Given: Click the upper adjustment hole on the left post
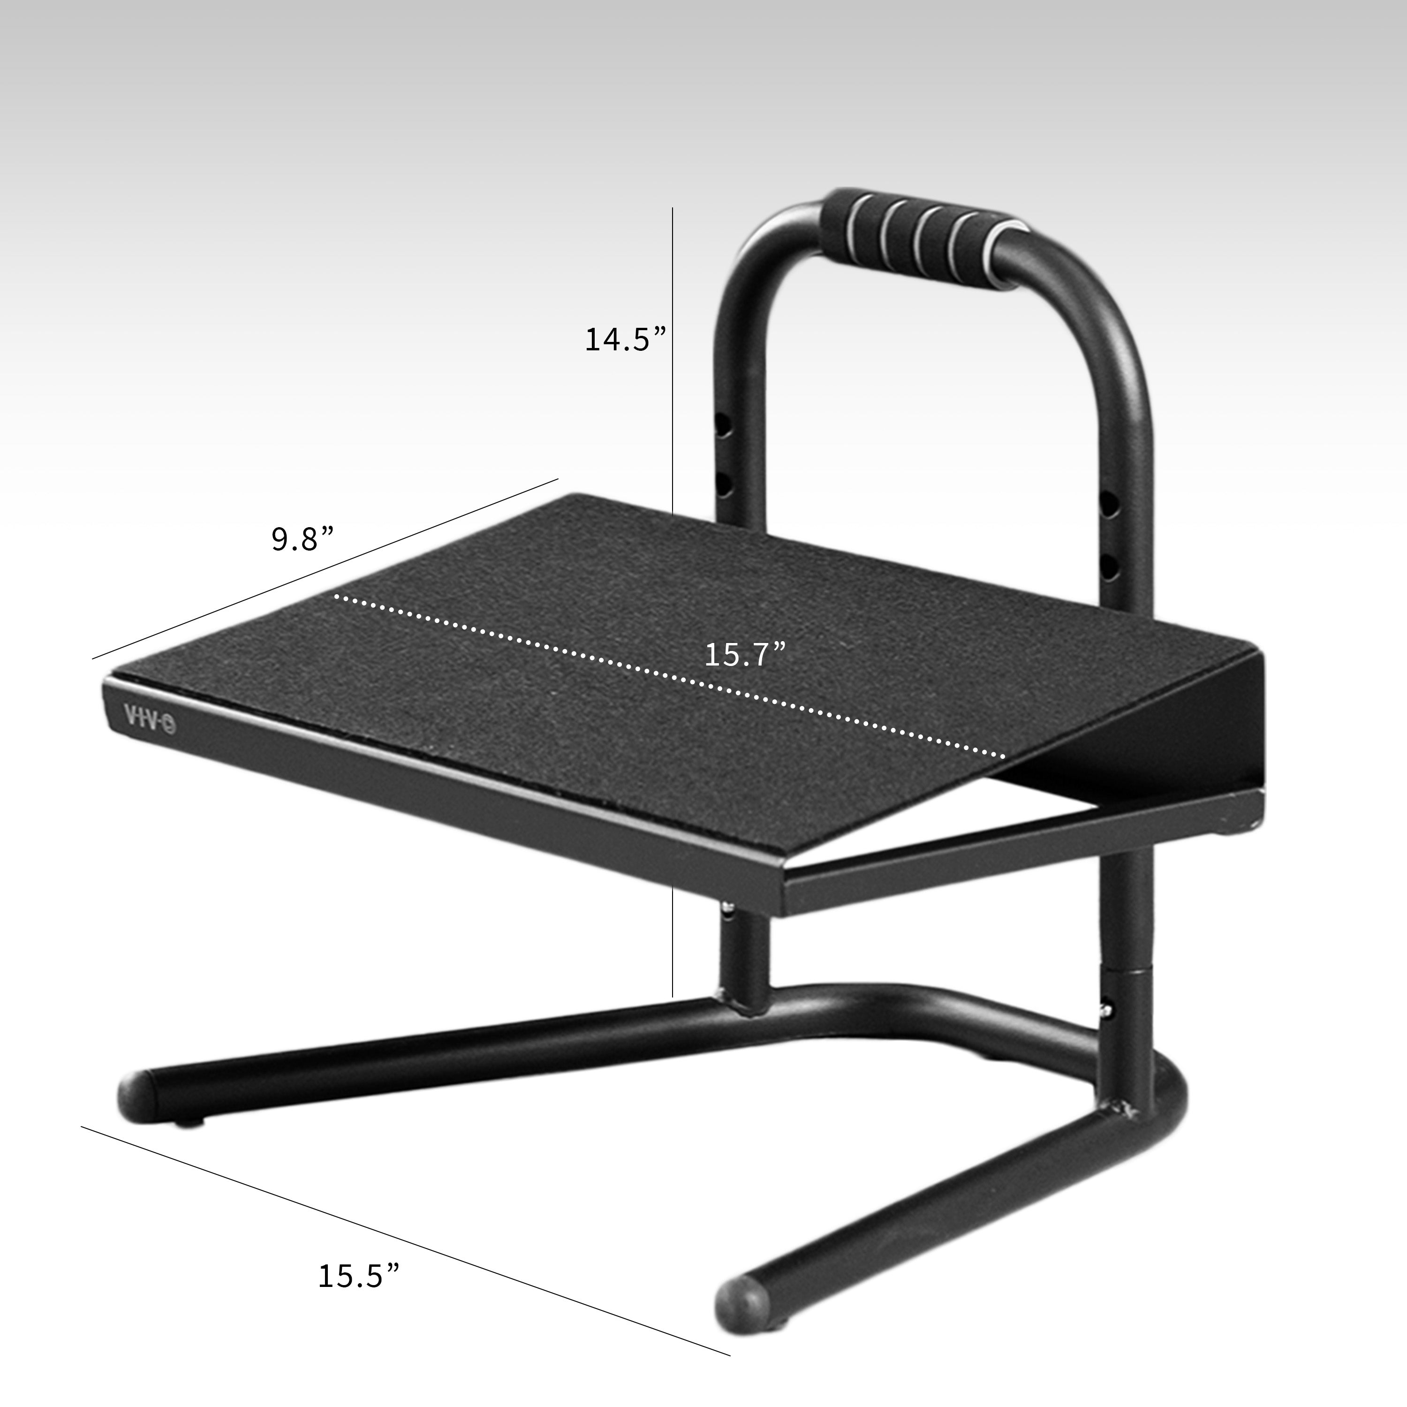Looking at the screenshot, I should tap(725, 426).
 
